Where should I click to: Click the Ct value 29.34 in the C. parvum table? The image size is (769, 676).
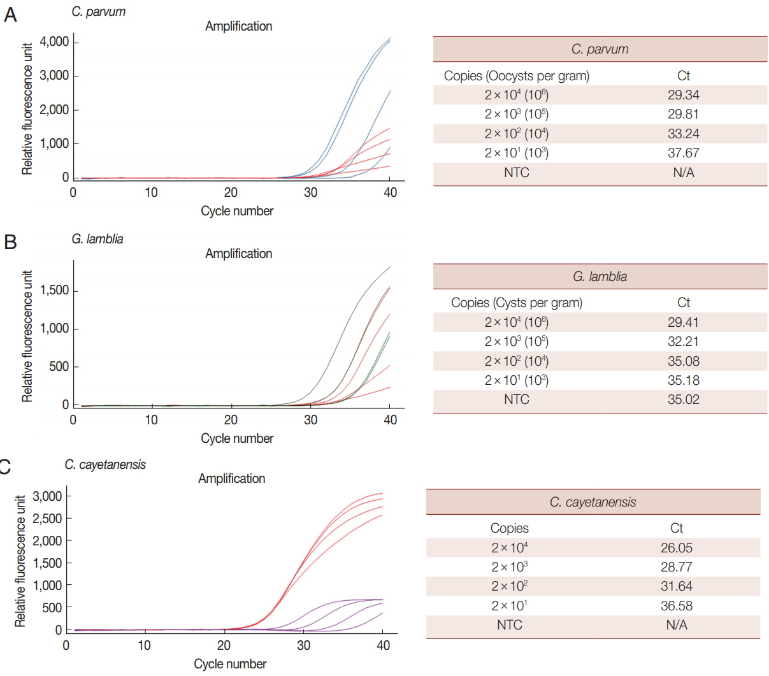coord(683,95)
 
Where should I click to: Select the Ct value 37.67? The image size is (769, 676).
coord(683,153)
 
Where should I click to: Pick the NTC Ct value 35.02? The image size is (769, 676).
coord(683,399)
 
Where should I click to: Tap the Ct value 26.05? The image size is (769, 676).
coord(676,548)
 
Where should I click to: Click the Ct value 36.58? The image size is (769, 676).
coord(676,606)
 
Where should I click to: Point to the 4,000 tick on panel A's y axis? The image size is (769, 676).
coord(54,42)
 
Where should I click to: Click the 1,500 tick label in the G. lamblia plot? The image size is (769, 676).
coord(54,291)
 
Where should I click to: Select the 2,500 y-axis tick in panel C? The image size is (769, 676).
coord(47,519)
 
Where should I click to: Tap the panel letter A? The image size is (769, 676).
coord(10,15)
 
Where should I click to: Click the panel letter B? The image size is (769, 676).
coord(10,242)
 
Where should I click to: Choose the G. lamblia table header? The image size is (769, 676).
coord(600,277)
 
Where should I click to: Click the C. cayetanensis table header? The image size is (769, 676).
coord(593,502)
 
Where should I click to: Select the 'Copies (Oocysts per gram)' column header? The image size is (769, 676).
coord(516,76)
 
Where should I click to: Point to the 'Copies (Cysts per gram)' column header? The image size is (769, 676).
coord(516,303)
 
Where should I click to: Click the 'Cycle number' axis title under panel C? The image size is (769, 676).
coord(230,664)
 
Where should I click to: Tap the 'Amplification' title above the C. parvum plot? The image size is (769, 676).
coord(238,26)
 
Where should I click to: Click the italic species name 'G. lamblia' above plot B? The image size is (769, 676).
coord(97,239)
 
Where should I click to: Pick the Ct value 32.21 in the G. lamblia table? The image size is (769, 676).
coord(683,342)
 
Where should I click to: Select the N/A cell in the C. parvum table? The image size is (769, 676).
coord(683,173)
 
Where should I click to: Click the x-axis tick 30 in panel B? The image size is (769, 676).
coord(310,420)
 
